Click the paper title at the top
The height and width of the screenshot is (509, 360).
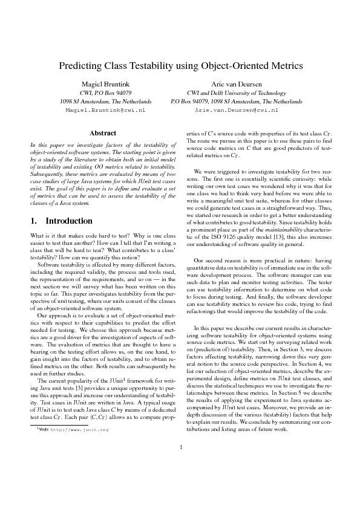coord(180,65)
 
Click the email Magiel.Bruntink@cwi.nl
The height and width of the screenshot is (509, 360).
coord(106,111)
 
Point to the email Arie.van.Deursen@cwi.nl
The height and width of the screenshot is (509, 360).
coord(236,111)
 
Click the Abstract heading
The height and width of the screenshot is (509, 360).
coord(102,132)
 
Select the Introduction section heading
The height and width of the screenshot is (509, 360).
coord(68,221)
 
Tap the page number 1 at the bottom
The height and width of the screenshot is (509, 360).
coord(180,481)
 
